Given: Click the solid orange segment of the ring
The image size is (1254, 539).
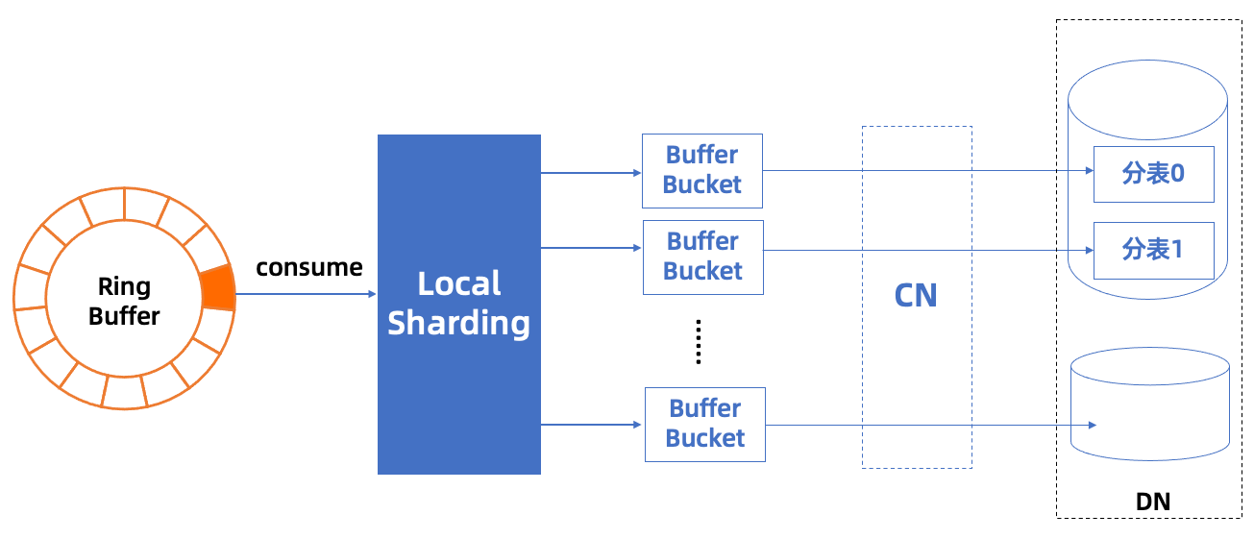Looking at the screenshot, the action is click(218, 287).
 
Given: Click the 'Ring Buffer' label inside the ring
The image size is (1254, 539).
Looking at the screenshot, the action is click(124, 301).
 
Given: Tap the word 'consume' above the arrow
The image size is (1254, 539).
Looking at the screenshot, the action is click(309, 267).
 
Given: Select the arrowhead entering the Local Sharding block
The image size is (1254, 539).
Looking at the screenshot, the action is click(372, 294).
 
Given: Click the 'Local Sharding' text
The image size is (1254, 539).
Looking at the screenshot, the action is click(459, 304).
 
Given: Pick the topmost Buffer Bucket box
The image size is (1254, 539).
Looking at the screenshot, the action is click(702, 171).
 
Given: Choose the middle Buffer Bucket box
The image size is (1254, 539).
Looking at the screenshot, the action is click(703, 257).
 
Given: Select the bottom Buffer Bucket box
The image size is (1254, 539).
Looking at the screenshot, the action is click(704, 425).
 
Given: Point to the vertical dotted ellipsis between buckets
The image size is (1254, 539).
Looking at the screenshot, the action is click(698, 342).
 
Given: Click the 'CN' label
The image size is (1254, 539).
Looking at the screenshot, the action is click(916, 296).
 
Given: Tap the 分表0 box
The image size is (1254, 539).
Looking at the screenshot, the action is click(1154, 174).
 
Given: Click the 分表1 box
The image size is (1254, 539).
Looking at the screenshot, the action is click(1154, 250).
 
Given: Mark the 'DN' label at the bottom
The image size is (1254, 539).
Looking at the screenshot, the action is click(1153, 502).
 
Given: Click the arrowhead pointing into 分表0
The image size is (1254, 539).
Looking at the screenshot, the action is click(1090, 171).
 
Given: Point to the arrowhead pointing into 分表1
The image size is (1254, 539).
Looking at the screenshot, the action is click(1090, 250).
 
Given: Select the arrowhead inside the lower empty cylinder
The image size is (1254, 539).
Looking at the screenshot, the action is click(1093, 426).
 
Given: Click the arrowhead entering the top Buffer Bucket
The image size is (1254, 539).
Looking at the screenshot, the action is click(637, 173).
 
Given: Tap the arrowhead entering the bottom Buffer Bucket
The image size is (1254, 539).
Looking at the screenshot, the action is click(637, 425).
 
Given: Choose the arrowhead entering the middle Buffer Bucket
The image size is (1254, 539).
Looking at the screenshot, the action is click(637, 248).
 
